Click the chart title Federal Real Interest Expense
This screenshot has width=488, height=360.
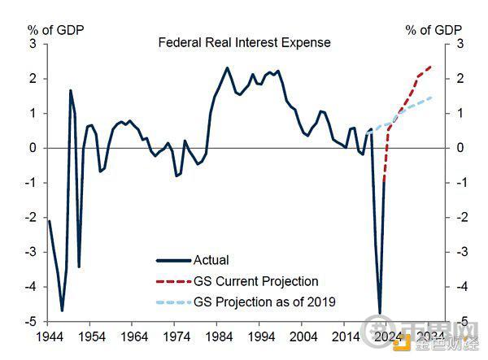point(244,42)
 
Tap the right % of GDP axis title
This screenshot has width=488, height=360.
point(434,30)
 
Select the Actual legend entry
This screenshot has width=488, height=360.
point(211,261)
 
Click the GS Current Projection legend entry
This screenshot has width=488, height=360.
point(255,281)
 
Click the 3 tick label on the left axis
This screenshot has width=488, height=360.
point(32,44)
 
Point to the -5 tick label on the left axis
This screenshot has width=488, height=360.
point(30,322)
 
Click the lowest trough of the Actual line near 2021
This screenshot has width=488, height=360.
point(380,313)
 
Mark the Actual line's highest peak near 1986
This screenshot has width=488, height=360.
point(227,67)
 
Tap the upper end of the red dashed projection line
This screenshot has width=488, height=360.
point(431,67)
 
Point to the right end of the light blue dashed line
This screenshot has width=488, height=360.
point(431,98)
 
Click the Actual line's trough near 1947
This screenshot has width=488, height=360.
point(62,310)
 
